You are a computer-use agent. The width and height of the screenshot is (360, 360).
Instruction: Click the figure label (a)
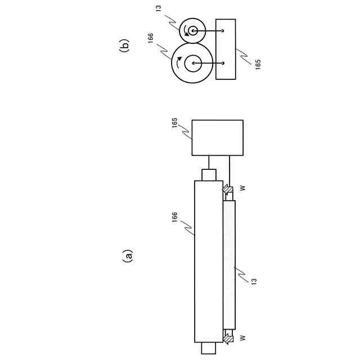pyautogui.click(x=128, y=256)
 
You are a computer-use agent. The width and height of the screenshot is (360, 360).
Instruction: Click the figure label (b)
pyautogui.click(x=125, y=45)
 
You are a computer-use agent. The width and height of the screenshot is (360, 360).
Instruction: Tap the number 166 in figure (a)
pyautogui.click(x=174, y=218)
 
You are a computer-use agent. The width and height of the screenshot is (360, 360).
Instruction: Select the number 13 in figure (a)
pyautogui.click(x=254, y=280)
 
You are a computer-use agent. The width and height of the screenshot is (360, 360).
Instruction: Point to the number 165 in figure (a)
pyautogui.click(x=174, y=124)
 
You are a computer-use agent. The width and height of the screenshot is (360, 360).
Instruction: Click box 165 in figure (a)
pyautogui.click(x=217, y=137)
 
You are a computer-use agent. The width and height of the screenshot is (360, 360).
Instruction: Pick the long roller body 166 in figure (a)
pyautogui.click(x=209, y=261)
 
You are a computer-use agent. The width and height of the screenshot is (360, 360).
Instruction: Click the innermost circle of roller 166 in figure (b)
pyautogui.click(x=193, y=63)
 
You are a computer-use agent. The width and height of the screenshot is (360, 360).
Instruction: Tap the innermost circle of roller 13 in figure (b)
pyautogui.click(x=193, y=30)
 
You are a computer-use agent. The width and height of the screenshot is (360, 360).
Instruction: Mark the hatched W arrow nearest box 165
pyautogui.click(x=227, y=190)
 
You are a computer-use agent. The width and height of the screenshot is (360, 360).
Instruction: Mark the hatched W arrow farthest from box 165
pyautogui.click(x=227, y=338)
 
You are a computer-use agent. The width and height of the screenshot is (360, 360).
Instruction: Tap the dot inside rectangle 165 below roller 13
pyautogui.click(x=223, y=30)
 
